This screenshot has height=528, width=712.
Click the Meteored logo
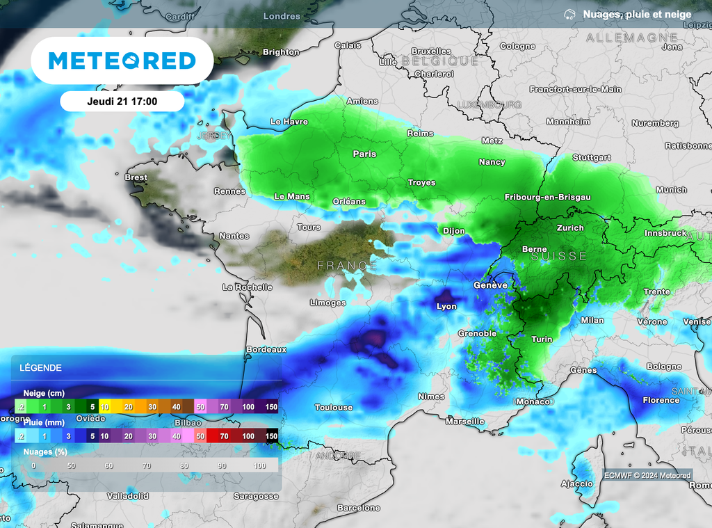[x=122, y=61]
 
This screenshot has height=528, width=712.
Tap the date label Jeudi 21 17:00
[x=122, y=102]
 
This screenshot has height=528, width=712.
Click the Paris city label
[x=364, y=154]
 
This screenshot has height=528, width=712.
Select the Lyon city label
[x=446, y=306]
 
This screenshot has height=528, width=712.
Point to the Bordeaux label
[x=267, y=349]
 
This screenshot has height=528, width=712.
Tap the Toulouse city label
[x=334, y=407]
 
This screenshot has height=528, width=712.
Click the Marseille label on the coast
[x=464, y=422]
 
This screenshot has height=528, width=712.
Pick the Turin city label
[x=542, y=339]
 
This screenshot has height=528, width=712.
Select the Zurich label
[x=570, y=227]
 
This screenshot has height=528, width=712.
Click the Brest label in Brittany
[x=136, y=177]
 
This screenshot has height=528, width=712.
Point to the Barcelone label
[x=358, y=508]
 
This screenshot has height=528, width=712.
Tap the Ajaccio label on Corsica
[x=577, y=483]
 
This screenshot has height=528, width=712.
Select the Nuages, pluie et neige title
[x=637, y=15]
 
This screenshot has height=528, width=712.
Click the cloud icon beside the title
[x=569, y=15]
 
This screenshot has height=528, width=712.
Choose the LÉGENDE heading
[x=40, y=368]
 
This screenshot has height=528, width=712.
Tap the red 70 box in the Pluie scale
[x=223, y=436]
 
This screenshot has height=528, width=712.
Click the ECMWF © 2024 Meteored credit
[x=647, y=476]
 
